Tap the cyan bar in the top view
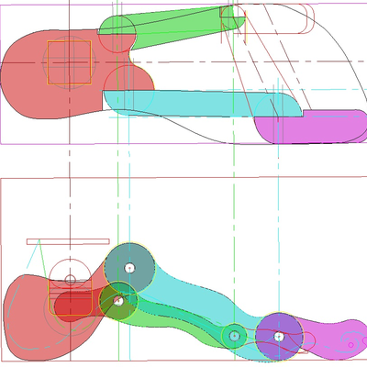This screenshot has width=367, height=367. [x=202, y=104]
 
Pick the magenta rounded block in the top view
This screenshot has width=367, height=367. [x=312, y=126]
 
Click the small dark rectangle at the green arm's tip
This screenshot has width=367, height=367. [x=231, y=12]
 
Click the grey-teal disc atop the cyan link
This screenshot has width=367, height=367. [x=128, y=267]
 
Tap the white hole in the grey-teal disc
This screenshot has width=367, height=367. [x=129, y=268]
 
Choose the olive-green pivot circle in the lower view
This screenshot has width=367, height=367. [x=118, y=299]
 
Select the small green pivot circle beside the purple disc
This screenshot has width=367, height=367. [x=235, y=337]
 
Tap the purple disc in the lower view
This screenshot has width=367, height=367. [x=279, y=336]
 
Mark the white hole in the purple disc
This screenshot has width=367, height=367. [x=279, y=337]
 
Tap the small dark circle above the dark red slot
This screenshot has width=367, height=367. [x=70, y=280]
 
